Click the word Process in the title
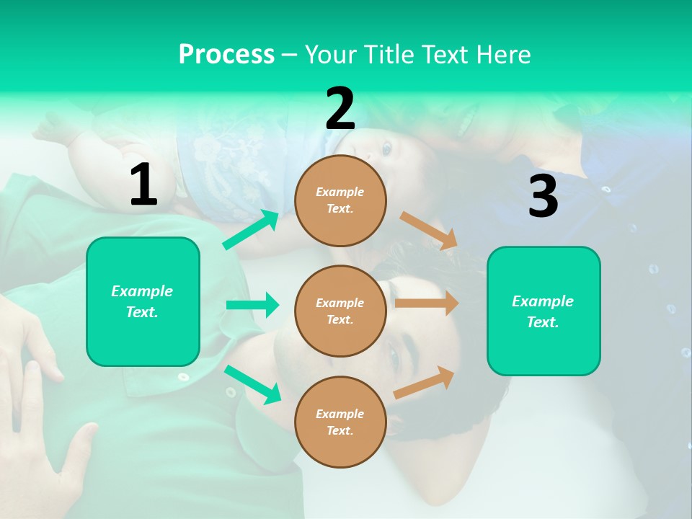click(x=226, y=54)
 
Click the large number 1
click(x=143, y=185)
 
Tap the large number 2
click(x=340, y=109)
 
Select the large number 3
click(x=543, y=197)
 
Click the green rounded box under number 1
click(x=143, y=301)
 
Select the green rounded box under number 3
click(x=544, y=311)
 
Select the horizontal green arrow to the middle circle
click(x=252, y=305)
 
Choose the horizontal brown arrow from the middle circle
click(x=426, y=303)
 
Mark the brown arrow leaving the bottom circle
click(x=424, y=383)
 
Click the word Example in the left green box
click(x=142, y=291)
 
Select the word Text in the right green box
click(x=542, y=322)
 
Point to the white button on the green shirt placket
click(x=183, y=376)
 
